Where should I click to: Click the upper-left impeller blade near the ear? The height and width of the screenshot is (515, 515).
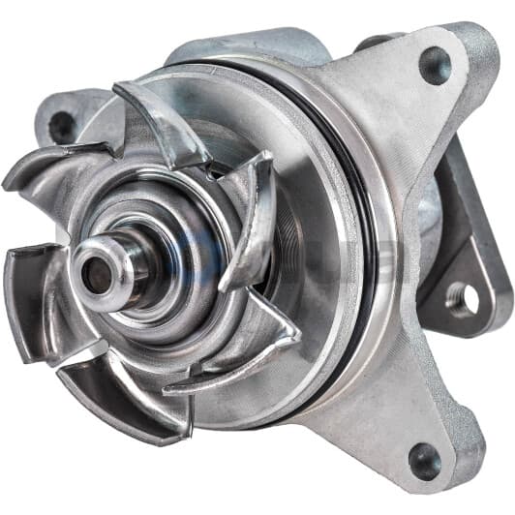point(48,168)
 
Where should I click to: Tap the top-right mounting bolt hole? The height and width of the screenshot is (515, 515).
point(435,66)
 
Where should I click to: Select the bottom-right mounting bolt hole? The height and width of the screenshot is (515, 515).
point(422,459)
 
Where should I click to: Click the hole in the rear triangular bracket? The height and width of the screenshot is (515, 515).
point(464,301)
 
